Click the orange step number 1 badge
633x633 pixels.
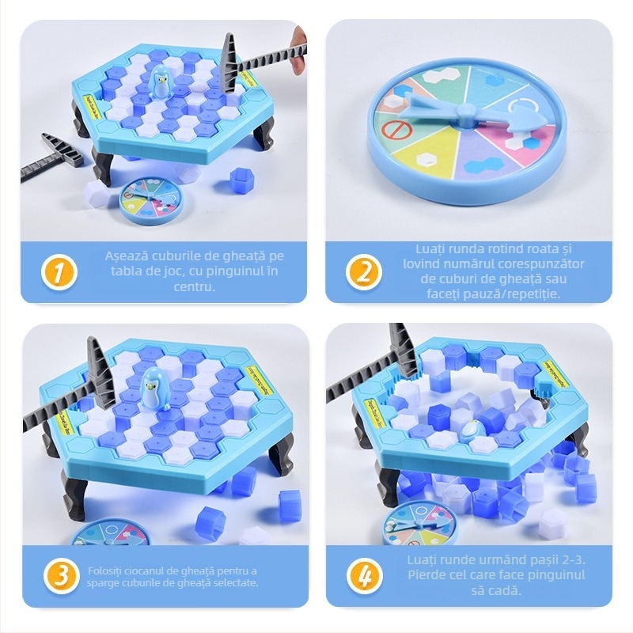pyautogui.click(x=59, y=272)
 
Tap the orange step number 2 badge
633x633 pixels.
pyautogui.click(x=364, y=272)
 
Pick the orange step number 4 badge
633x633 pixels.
pyautogui.click(x=364, y=577)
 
